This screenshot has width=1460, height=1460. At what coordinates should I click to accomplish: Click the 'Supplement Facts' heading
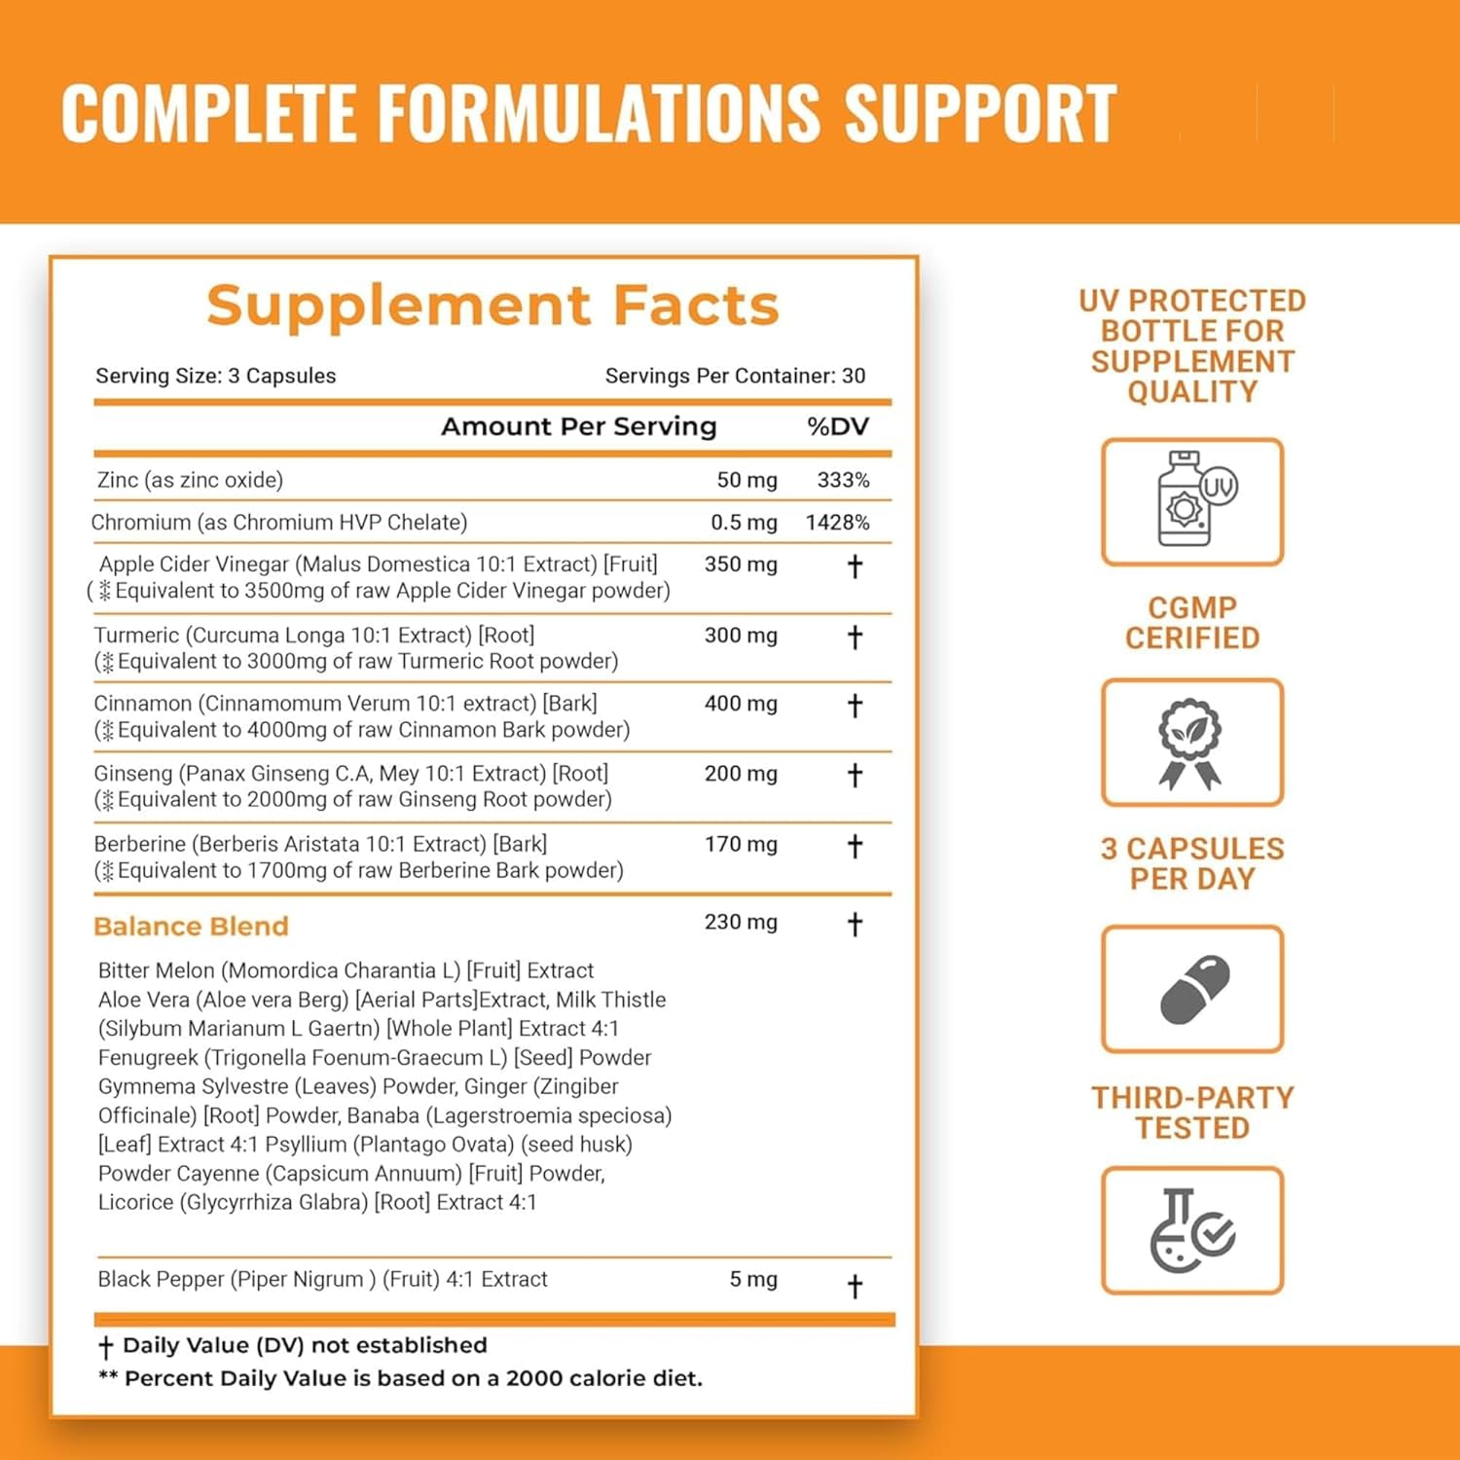tap(493, 306)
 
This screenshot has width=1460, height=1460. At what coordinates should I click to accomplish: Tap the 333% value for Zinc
tap(843, 480)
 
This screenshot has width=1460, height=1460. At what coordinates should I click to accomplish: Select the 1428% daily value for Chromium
tap(837, 523)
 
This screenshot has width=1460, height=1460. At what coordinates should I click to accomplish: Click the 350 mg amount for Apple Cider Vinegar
tap(741, 565)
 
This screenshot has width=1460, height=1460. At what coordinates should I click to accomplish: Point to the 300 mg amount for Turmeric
tap(741, 636)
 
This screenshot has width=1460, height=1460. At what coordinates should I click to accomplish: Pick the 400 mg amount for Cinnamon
tap(741, 704)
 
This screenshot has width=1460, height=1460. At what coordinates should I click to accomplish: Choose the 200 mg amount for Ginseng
tap(741, 774)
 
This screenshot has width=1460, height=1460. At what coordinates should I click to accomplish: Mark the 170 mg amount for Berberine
tap(741, 845)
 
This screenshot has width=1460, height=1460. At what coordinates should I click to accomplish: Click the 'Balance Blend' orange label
tap(191, 926)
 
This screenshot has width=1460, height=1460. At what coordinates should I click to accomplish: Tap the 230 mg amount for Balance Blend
tap(741, 922)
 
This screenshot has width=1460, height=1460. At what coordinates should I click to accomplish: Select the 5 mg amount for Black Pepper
tap(753, 1280)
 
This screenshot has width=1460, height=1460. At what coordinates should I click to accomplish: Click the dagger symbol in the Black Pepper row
tap(855, 1287)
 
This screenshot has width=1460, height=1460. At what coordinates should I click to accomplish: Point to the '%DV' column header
tap(837, 426)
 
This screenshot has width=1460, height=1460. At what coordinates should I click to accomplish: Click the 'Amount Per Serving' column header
tap(578, 426)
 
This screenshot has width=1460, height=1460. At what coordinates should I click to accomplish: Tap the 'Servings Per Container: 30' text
tap(735, 376)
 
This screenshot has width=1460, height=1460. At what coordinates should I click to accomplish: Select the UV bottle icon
tap(1192, 501)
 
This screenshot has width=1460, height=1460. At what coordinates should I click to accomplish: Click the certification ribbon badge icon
tap(1190, 743)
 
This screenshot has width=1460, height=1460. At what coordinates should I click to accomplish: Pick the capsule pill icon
tap(1194, 989)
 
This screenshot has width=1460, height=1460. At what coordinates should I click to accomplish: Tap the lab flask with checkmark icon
tap(1191, 1230)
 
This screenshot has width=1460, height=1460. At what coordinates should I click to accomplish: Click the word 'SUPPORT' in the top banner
tap(979, 114)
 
